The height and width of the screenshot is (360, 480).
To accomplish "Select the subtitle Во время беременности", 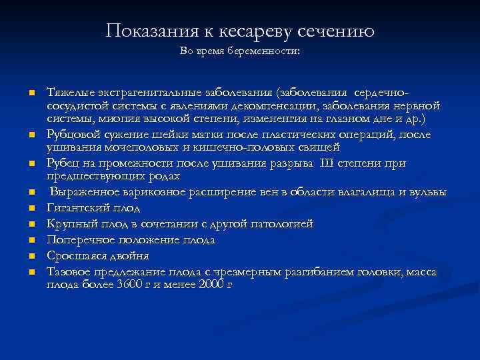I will [240, 51].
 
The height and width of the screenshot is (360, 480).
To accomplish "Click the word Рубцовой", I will [71, 134].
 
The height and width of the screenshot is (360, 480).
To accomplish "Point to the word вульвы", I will [427, 193].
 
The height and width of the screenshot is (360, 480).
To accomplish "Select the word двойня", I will [131, 255].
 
